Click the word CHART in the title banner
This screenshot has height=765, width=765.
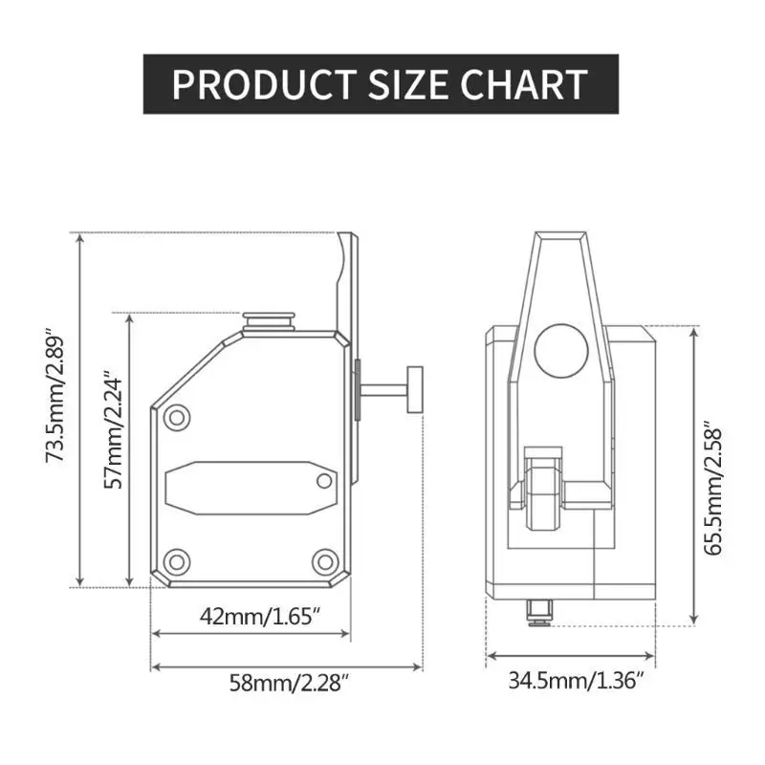tap(523, 85)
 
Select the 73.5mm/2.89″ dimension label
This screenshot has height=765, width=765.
tap(55, 399)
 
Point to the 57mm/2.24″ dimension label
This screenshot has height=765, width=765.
tap(113, 432)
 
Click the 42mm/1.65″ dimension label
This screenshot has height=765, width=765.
tap(260, 617)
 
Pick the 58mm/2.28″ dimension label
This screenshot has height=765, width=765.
tap(290, 683)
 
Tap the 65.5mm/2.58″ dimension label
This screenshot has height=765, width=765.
tap(712, 492)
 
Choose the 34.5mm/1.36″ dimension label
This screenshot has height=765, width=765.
tap(577, 680)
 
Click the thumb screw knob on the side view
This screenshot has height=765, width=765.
tap(415, 389)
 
